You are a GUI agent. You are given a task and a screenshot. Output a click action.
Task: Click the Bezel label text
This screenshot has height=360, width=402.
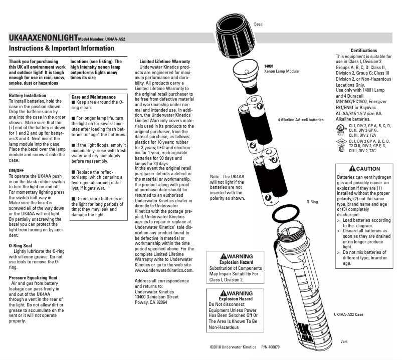click(259, 24)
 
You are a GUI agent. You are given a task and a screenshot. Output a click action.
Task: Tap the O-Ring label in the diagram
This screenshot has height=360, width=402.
click(312, 202)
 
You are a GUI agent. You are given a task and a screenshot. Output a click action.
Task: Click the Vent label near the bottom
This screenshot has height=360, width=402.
click(344, 341)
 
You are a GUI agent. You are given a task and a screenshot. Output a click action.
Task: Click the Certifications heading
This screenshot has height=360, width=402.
click(363, 51)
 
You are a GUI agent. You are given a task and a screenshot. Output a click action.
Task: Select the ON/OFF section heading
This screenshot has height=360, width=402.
click(18, 171)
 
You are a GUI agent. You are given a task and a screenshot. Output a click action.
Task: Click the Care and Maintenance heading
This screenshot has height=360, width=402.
click(94, 97)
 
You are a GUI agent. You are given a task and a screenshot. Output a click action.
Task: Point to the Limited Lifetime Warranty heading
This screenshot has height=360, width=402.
click(164, 61)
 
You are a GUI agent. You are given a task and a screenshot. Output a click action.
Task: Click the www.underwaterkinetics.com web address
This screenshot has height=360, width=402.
click(164, 270)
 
